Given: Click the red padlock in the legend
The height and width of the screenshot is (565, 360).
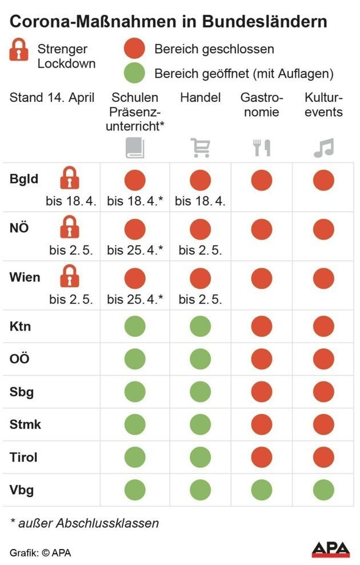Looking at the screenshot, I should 19,50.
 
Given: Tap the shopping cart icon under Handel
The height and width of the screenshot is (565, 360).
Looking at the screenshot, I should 200,148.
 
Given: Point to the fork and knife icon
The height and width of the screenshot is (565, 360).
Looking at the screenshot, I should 262,148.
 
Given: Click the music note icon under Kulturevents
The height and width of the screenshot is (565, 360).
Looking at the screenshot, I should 323,148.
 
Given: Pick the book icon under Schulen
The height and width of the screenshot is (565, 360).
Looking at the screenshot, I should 135,148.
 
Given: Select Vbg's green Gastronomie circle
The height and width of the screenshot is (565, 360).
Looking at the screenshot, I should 262,490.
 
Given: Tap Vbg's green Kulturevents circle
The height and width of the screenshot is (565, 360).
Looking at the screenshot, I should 323,490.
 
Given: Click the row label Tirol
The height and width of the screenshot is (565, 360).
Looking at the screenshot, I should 23,457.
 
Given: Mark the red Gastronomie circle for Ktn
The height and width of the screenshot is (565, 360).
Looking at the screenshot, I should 262,327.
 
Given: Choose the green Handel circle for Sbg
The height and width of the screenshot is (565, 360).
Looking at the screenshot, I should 200,392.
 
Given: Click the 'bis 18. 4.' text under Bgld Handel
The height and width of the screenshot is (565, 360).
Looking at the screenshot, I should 200,201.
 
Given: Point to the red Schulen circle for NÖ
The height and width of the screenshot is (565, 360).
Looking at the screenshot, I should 135,229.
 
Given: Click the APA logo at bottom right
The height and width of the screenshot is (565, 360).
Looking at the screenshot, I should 330,550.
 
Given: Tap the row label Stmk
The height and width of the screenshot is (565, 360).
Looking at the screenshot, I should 25,425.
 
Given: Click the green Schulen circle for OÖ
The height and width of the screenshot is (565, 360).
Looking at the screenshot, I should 135,359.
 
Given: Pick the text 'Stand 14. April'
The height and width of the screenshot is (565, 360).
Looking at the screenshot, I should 52,97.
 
